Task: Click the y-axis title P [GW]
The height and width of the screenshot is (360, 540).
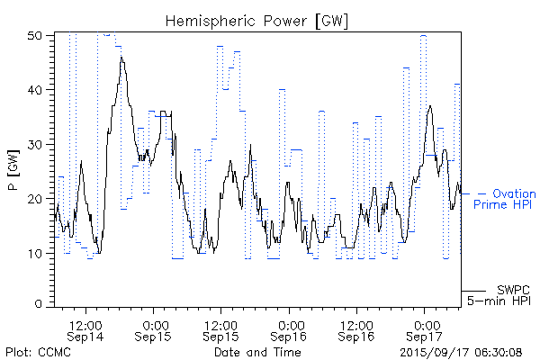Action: click(x=13, y=169)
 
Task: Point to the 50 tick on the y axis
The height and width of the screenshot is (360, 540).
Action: click(x=37, y=36)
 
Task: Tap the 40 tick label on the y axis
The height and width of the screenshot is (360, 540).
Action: click(x=37, y=90)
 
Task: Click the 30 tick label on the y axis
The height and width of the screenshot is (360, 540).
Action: click(x=37, y=144)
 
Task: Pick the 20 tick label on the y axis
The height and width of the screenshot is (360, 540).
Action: click(x=37, y=198)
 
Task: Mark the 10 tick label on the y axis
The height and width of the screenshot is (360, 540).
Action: click(x=37, y=252)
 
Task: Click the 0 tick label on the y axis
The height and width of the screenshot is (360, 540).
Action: click(x=40, y=305)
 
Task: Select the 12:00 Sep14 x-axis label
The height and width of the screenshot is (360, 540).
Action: click(x=85, y=328)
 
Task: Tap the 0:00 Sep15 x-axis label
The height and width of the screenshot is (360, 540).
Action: click(x=154, y=328)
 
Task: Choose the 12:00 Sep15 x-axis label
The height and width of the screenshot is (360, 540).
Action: click(x=221, y=328)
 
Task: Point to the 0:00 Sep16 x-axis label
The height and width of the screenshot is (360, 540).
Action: click(x=290, y=328)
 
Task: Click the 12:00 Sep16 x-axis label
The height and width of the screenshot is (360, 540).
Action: click(x=357, y=328)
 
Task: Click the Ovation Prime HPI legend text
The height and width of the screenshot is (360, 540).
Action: click(x=505, y=199)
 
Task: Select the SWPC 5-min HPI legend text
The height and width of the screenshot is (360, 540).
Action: click(x=500, y=295)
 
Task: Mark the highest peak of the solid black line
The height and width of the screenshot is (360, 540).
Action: click(x=121, y=58)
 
